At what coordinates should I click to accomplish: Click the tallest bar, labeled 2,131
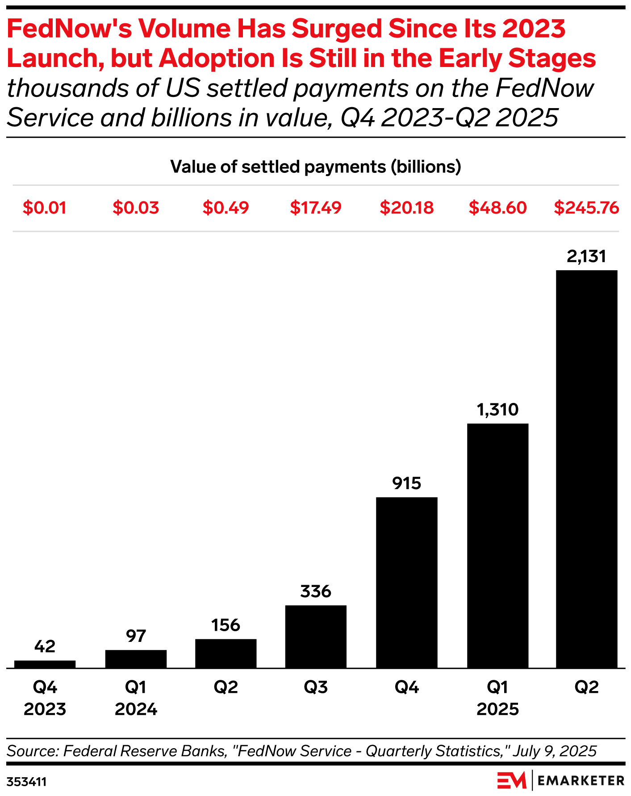coord(586,469)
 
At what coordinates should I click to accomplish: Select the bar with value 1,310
coord(497,545)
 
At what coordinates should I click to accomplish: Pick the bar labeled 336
coord(316,637)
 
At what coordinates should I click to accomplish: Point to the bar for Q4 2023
coord(45,664)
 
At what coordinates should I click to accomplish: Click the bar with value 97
coord(136,659)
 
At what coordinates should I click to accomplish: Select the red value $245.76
coord(586,208)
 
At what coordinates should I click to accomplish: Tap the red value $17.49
coord(316,208)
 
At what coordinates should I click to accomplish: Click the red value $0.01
coord(45,208)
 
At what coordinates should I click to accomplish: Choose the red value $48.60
coord(497,208)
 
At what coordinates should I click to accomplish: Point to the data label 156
coord(226,625)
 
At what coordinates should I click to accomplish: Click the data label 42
coord(45,646)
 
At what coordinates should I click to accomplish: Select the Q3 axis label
coord(316,687)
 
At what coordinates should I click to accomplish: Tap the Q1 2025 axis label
coord(497,698)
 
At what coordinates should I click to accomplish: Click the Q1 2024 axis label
coord(136,698)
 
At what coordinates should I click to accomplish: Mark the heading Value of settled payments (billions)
coord(316,167)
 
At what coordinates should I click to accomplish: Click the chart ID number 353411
coord(27,782)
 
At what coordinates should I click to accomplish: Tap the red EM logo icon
coord(512,780)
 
